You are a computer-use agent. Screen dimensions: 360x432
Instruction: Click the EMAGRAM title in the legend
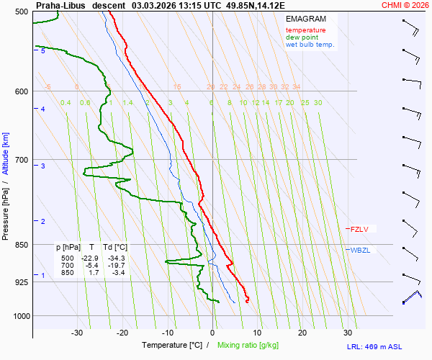click(x=305, y=19)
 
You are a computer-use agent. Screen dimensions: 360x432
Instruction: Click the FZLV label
click(x=359, y=230)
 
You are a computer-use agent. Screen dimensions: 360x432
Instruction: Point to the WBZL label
click(x=360, y=251)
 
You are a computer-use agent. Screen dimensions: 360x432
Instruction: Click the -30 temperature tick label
click(x=77, y=333)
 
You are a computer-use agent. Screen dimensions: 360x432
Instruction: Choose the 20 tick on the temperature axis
click(x=302, y=333)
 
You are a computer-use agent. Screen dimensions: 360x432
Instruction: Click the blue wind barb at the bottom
click(x=412, y=297)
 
